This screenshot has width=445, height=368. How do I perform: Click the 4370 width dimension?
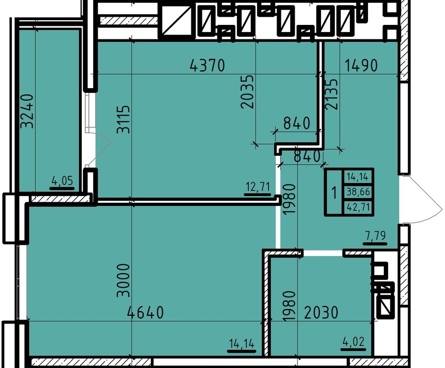coord(208,65)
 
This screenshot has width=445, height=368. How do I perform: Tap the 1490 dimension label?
coord(361,65)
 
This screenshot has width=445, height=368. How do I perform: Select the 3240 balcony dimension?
coord(28,111)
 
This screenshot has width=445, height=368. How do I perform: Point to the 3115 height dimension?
coord(124,119)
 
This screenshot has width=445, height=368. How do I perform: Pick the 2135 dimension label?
coord(332,94)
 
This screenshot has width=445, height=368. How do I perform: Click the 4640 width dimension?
coord(145,312)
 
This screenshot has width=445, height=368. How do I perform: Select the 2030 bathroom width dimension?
coord(321,312)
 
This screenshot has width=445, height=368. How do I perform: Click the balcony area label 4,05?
coord(62,180)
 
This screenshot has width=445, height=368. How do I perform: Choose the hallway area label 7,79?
coord(375,236)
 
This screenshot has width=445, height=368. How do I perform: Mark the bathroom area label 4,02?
coord(353,341)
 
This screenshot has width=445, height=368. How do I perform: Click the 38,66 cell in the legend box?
coord(358,192)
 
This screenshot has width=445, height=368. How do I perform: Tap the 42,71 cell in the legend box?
coord(358,207)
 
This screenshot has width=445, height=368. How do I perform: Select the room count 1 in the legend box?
coord(334,193)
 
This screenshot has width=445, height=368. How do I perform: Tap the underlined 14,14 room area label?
coord(242,345)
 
